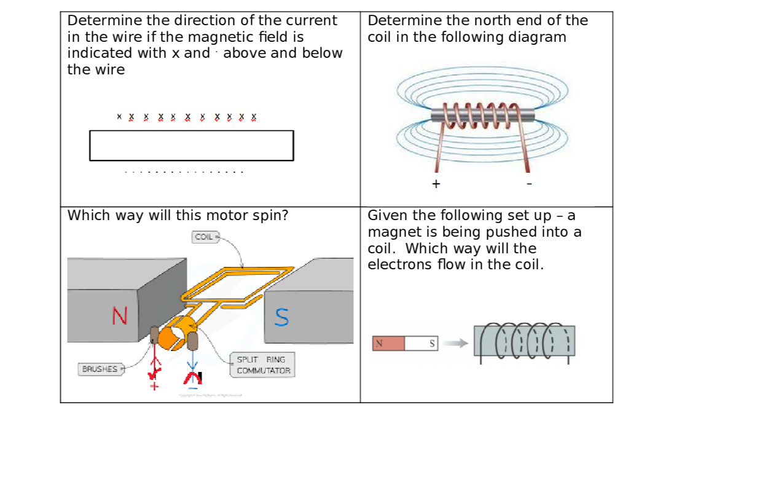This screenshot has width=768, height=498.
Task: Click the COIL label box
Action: (x=204, y=237)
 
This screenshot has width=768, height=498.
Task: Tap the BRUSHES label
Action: (x=100, y=370)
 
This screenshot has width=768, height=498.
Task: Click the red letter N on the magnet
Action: (x=120, y=316)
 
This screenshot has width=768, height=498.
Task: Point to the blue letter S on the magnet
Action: (x=281, y=317)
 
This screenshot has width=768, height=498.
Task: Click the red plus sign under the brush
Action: (x=154, y=386)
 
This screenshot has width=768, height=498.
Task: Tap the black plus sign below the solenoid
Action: (x=436, y=184)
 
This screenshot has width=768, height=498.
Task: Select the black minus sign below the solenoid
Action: (x=529, y=184)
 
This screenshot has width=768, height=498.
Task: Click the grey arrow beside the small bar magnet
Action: (x=455, y=343)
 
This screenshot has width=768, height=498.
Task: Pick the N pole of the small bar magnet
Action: (x=388, y=344)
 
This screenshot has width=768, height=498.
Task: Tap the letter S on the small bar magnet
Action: (x=432, y=344)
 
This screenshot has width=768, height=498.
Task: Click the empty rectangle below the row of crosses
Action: (x=191, y=146)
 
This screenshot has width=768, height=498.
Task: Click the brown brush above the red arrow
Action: (x=154, y=335)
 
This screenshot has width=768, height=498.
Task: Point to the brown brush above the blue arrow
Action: (x=192, y=341)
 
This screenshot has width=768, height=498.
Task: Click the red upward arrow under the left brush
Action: (x=154, y=365)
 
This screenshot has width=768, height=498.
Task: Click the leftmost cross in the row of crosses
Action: (x=119, y=116)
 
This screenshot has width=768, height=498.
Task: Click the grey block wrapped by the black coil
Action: (x=524, y=341)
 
